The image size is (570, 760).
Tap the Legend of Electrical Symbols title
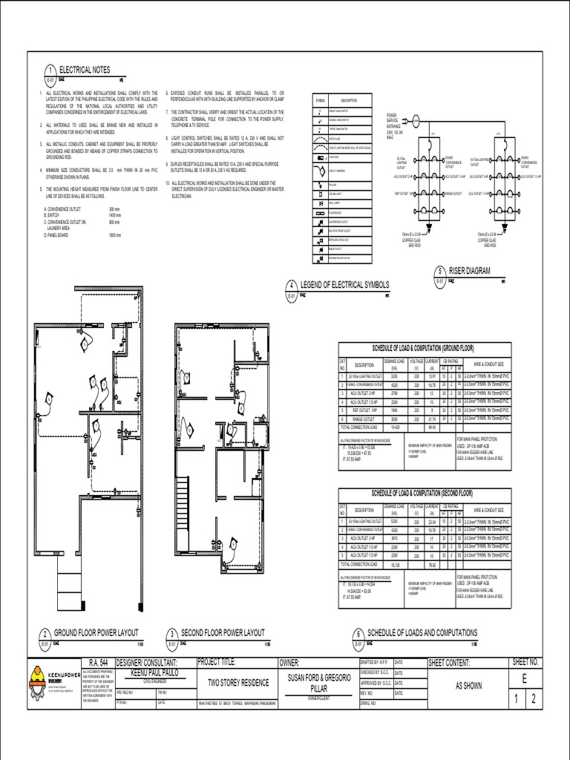click(343, 286)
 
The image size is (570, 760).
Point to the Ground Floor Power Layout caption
click(96, 632)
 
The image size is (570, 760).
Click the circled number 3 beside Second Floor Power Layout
click(171, 635)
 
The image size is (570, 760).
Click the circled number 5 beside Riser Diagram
click(440, 272)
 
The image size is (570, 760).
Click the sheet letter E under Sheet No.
click(524, 679)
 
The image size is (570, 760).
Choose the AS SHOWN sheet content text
click(468, 686)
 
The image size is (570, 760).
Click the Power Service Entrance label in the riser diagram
click(393, 124)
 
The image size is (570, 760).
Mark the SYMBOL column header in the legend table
click(320, 99)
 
